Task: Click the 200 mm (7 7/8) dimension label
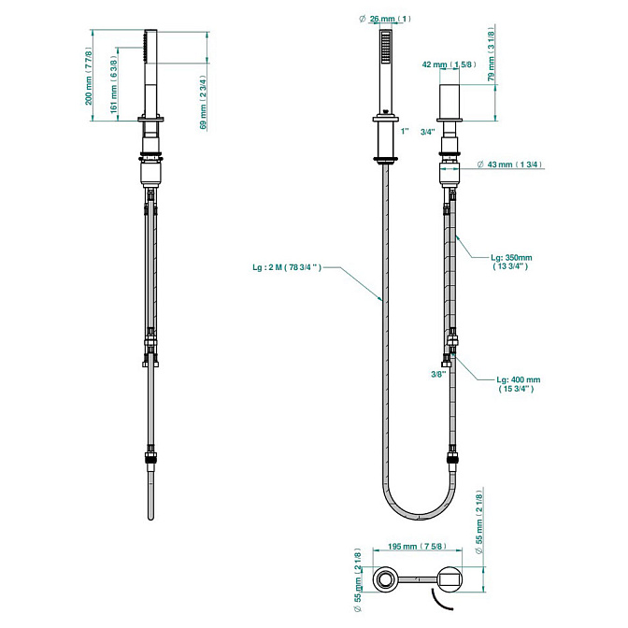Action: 89,76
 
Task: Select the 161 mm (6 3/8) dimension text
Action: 114,84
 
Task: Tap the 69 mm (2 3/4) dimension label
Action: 203,103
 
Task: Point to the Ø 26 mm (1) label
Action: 385,19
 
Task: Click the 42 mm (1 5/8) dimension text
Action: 449,64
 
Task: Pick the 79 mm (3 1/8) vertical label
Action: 492,53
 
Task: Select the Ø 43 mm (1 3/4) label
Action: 510,164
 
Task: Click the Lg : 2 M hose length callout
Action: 287,267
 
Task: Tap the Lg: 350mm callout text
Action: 511,262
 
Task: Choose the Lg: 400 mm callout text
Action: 519,384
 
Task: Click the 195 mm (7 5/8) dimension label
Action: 417,547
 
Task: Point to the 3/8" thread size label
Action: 438,374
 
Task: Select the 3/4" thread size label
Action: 428,132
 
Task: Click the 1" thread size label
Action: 405,131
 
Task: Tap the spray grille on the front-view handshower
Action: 386,47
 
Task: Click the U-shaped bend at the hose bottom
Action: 419,516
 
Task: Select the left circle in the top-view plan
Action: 386,578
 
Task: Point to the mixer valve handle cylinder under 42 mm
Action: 450,101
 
